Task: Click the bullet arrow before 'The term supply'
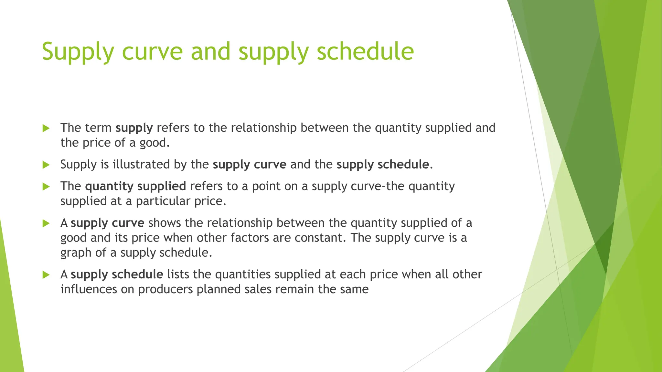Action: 46,128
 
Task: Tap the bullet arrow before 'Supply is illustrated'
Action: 46,165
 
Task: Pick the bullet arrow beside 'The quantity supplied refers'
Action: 46,187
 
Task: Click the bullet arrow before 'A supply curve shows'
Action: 46,223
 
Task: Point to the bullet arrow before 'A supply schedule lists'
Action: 46,275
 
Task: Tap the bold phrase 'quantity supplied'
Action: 135,186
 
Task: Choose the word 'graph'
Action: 76,253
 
